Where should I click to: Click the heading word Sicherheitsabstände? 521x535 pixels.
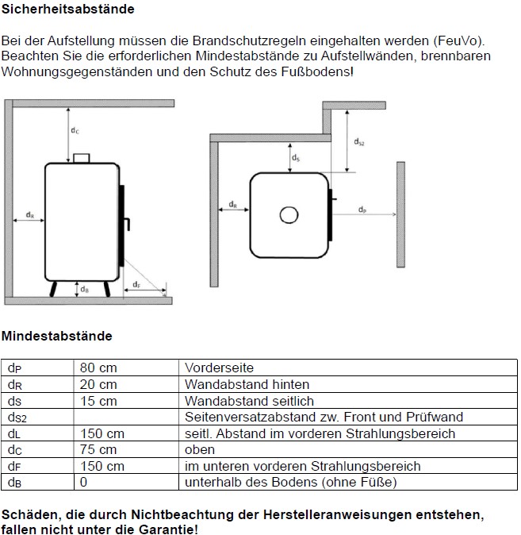[x=68, y=10]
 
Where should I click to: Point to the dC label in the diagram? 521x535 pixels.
[x=74, y=129]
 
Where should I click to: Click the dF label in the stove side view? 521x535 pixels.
[x=136, y=284]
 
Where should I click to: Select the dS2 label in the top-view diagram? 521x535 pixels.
[x=359, y=142]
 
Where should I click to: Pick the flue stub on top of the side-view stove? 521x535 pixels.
[x=82, y=158]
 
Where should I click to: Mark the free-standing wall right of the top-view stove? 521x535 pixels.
[x=402, y=214]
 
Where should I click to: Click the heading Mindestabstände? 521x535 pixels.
[x=57, y=336]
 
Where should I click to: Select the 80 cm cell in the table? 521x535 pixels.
[x=98, y=368]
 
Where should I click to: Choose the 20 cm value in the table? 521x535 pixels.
[x=98, y=385]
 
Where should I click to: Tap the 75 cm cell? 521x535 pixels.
[x=98, y=450]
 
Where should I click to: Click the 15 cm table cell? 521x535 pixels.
[x=98, y=401]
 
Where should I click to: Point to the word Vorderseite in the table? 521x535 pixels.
[x=219, y=368]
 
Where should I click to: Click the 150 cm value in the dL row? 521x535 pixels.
[x=102, y=433]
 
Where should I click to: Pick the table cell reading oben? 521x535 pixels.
[x=200, y=450]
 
